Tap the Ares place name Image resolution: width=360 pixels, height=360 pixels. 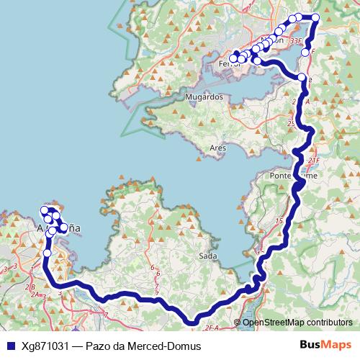[217, 148]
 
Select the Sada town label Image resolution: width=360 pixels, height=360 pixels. [207, 256]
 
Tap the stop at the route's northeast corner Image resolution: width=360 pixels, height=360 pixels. [315, 17]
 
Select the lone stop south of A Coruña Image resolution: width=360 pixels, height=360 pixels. [48, 253]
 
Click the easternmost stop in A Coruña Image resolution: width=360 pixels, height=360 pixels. [64, 228]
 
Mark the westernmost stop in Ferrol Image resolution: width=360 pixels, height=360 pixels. [233, 58]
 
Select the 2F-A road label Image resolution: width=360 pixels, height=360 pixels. [210, 328]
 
